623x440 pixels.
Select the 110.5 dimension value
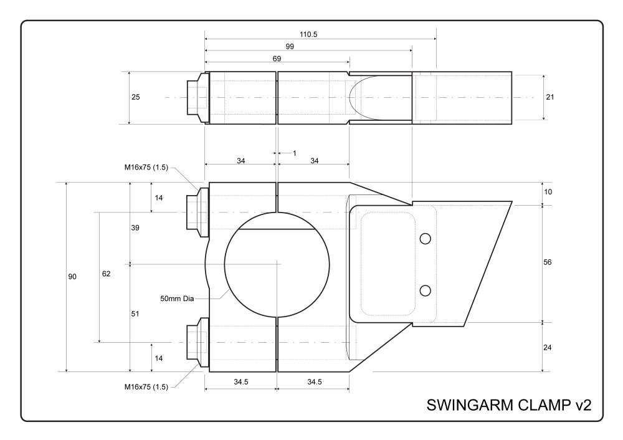tap(308, 35)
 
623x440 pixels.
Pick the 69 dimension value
tap(277, 59)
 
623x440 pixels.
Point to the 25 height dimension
tap(136, 97)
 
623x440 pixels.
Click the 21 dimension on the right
tap(549, 97)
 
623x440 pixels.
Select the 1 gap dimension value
tap(294, 153)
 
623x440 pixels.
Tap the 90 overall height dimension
tap(72, 277)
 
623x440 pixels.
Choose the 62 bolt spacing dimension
tap(106, 274)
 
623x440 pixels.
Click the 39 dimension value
tap(136, 228)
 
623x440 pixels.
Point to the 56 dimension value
tap(548, 262)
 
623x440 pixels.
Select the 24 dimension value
tap(548, 347)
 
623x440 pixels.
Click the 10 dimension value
tap(548, 192)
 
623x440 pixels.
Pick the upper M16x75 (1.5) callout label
tap(146, 167)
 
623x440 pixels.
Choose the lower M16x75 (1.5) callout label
tap(146, 387)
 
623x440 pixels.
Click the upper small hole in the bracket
tap(426, 239)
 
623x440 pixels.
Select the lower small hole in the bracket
tap(426, 290)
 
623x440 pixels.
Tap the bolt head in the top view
tap(197, 98)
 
